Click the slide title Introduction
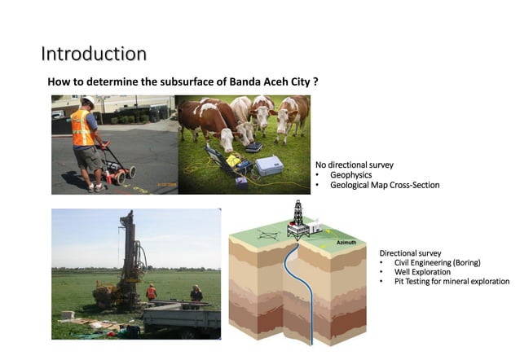click(x=94, y=54)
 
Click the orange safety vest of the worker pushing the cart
click(x=82, y=128)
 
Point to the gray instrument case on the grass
click(x=269, y=165)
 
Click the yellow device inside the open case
click(x=233, y=160)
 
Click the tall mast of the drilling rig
click(x=127, y=244)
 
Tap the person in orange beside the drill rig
click(x=152, y=292)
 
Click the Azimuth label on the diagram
click(x=346, y=243)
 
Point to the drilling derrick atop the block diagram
click(x=297, y=216)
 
